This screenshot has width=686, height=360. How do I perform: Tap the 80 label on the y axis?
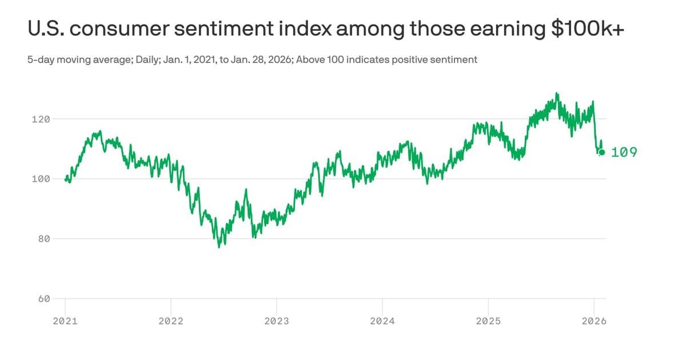click(44, 238)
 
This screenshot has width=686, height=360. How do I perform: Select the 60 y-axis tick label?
click(44, 298)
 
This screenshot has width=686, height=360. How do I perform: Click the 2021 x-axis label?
click(65, 321)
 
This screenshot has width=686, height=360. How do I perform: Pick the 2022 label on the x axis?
click(170, 321)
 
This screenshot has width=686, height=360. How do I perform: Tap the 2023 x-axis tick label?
click(276, 321)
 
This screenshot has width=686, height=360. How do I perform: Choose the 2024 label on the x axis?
click(382, 321)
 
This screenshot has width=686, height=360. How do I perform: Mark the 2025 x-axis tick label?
click(488, 321)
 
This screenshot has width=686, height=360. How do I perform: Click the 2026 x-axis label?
click(593, 321)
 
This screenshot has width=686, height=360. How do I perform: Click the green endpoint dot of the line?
click(601, 152)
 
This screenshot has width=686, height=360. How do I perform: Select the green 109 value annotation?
click(624, 152)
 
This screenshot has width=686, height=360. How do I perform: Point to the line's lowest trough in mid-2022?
click(220, 246)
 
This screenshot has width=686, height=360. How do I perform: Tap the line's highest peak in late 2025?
click(557, 93)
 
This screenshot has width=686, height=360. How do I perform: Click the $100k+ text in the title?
click(587, 30)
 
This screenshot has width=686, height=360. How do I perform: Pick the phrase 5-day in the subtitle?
click(40, 59)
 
